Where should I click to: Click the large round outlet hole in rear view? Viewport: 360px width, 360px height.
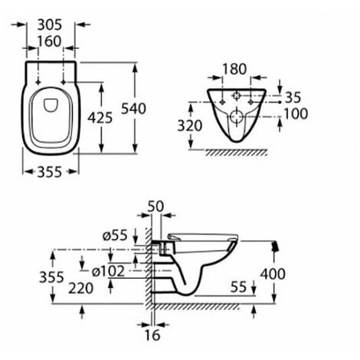pos(237,119)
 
